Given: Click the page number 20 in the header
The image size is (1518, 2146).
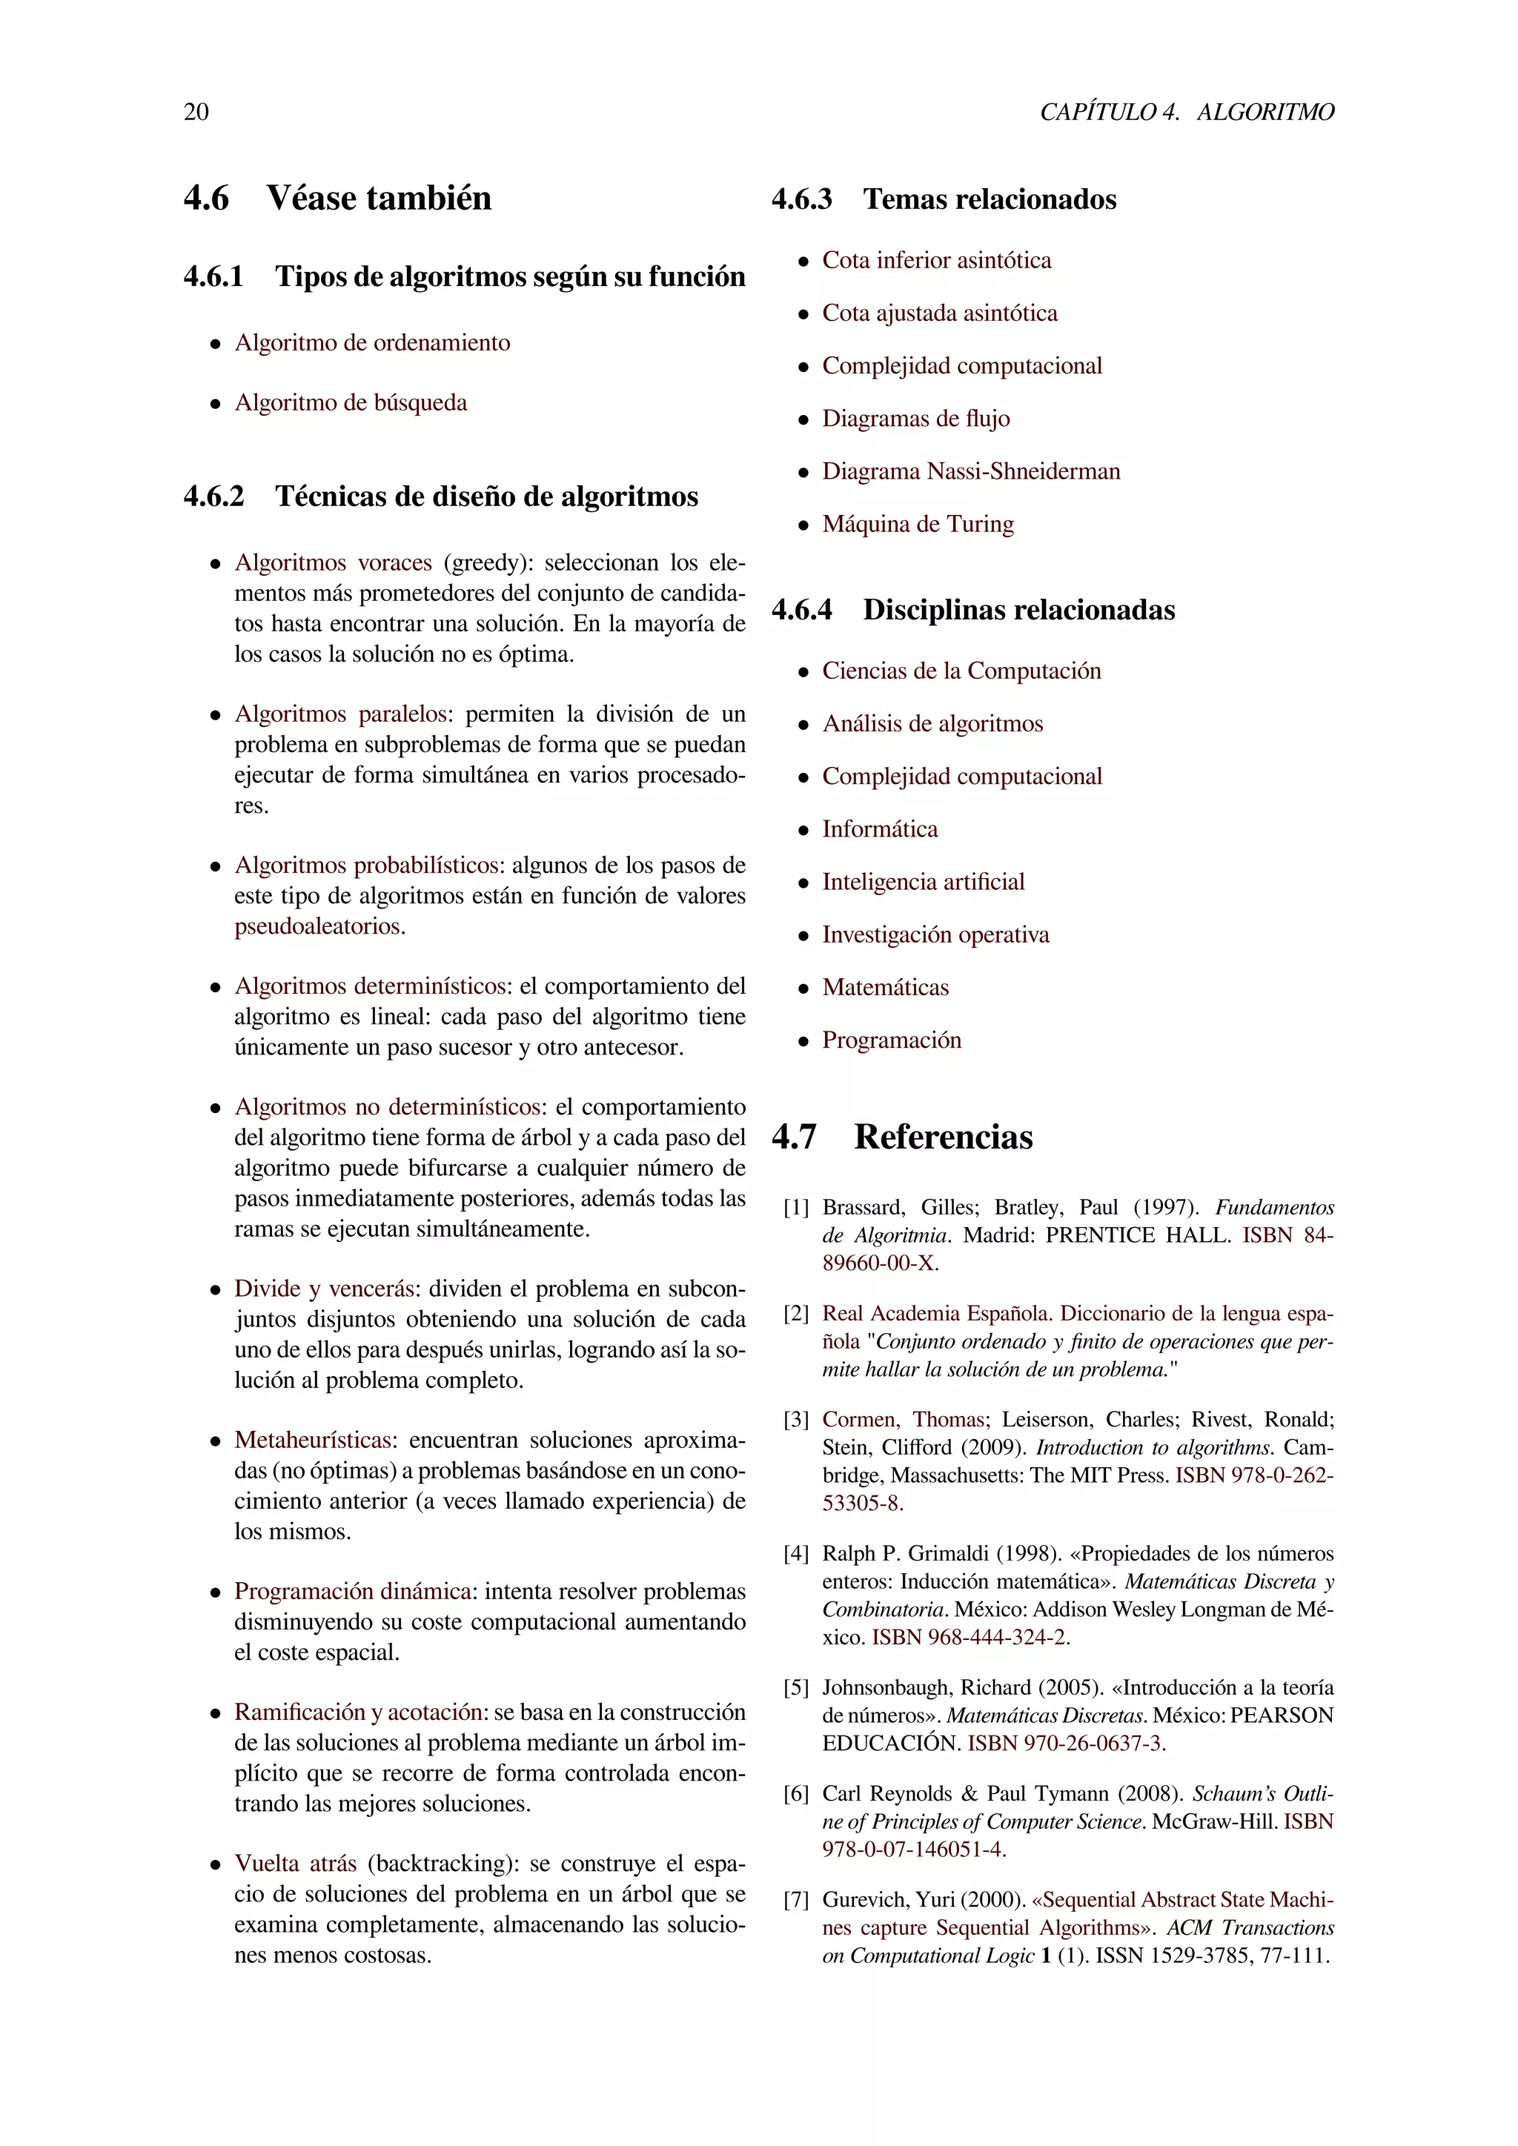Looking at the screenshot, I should point(196,112).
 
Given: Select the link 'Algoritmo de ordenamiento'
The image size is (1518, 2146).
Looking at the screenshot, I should point(372,343).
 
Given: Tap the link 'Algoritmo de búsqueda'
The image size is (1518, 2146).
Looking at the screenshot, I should point(351,403).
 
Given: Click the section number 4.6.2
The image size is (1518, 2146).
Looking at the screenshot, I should point(213,496).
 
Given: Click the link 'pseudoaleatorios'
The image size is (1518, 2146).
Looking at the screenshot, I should point(318,926).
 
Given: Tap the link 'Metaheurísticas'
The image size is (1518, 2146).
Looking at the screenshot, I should point(313,1441).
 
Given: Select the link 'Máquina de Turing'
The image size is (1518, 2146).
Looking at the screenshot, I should point(917,525).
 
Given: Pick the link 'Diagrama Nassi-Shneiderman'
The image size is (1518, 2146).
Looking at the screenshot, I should point(970,472).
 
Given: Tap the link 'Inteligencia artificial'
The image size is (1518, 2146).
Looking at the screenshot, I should point(923,883).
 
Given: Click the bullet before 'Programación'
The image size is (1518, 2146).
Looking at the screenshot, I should point(803,1041).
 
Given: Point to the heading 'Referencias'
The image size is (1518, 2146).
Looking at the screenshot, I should point(943,1137).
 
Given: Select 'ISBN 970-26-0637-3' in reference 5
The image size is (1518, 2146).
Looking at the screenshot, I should point(1066,1743).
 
